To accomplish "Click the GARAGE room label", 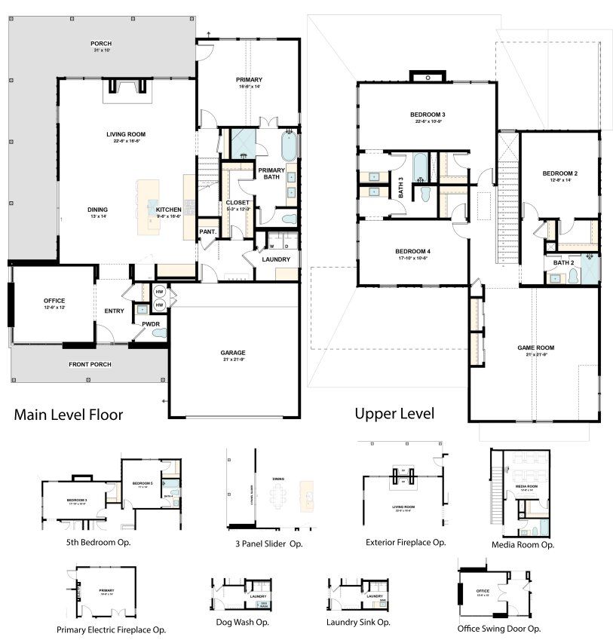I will click(233, 352).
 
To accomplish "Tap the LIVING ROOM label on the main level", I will click(126, 134).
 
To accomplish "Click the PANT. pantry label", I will click(207, 232).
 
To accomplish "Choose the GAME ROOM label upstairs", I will click(535, 348).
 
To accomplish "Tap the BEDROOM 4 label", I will click(411, 251).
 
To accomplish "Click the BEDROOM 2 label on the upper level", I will click(559, 173).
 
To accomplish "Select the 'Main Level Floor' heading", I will click(69, 414).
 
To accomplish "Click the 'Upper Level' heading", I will click(394, 413).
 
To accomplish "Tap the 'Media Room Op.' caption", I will click(523, 543).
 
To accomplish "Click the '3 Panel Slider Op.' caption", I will click(268, 543).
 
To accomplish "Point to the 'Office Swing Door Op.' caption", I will click(498, 627).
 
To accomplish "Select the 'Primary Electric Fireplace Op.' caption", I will click(111, 629).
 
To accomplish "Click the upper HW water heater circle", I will click(159, 292).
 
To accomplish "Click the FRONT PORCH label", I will click(90, 365).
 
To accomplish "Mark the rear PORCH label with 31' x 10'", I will click(101, 44).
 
